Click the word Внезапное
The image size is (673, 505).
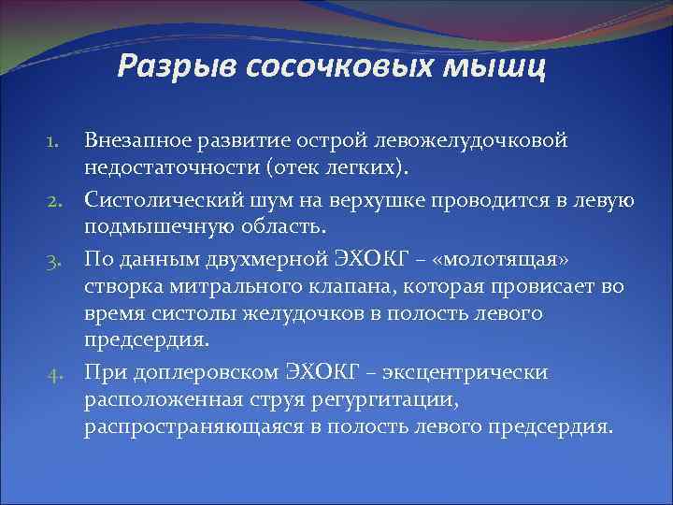tap(139, 140)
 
